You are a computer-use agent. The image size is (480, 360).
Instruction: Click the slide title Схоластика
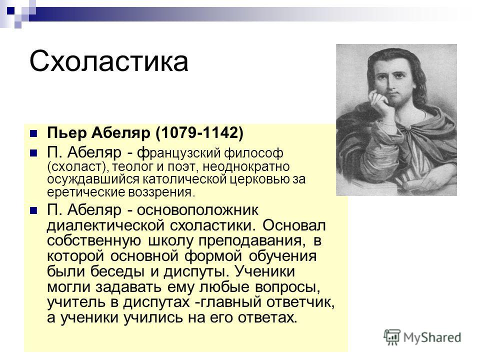[108, 61]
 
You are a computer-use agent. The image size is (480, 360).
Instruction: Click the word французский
[179, 153]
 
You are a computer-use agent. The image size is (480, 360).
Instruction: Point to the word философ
[254, 153]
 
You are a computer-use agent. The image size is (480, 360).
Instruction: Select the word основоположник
[197, 210]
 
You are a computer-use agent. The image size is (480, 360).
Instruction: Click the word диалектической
[106, 225]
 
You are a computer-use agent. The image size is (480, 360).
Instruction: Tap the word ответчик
[300, 302]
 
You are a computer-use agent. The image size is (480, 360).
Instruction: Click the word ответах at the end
[267, 318]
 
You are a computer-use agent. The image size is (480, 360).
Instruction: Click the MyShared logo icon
[392, 337]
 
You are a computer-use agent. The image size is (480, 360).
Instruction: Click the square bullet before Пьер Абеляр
[33, 133]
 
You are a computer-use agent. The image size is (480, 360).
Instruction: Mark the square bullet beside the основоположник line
[33, 210]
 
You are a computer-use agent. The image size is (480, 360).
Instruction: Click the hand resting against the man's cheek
[378, 102]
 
